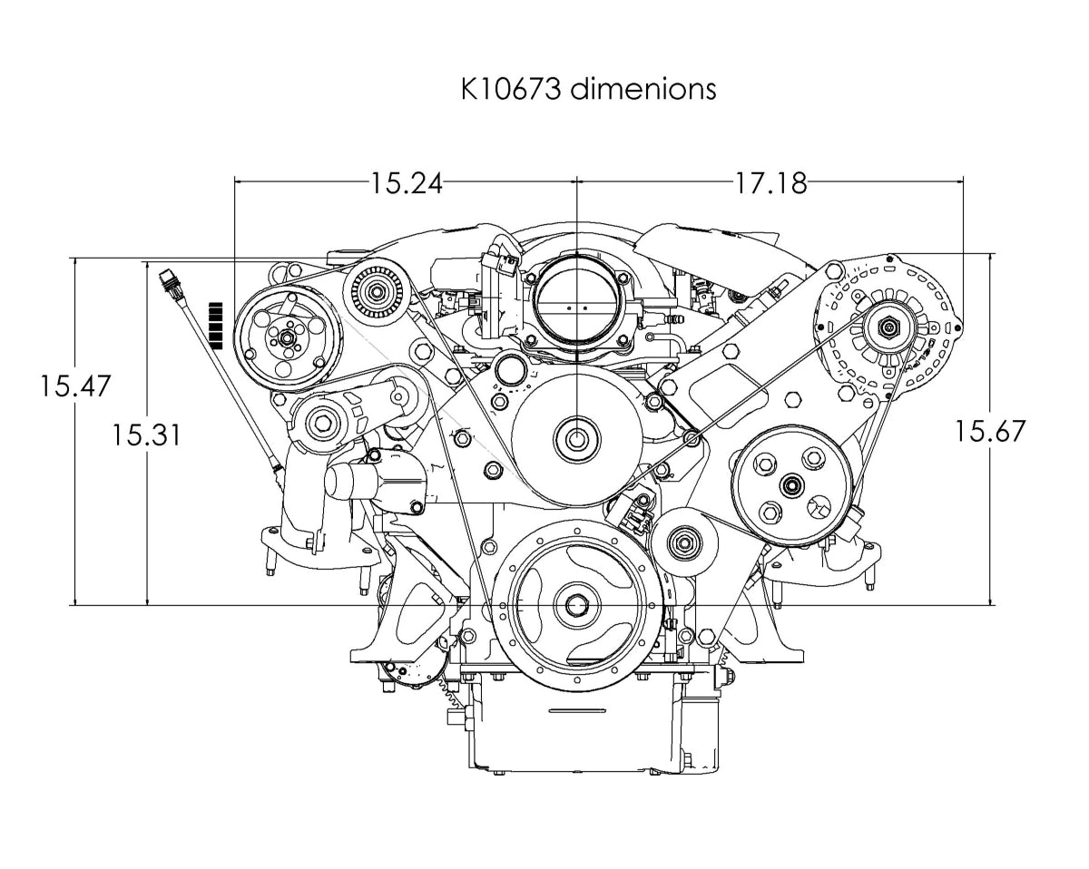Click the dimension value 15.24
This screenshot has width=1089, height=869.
click(x=406, y=183)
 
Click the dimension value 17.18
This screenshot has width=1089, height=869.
click(x=770, y=183)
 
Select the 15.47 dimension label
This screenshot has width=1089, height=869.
click(x=74, y=386)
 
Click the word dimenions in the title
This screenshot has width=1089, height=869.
click(x=643, y=89)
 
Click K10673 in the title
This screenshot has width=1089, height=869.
click(x=513, y=89)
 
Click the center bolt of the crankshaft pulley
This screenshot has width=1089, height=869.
click(x=577, y=605)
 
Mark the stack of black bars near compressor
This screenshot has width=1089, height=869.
click(x=216, y=325)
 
